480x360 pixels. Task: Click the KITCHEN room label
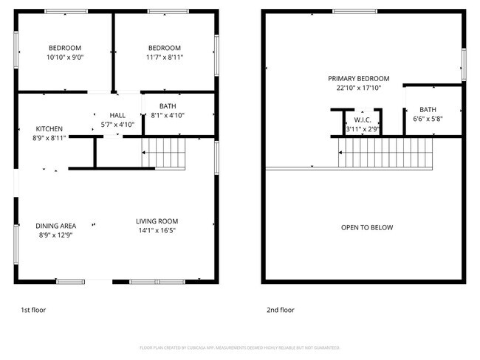(49, 128)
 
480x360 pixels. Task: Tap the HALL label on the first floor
(117, 116)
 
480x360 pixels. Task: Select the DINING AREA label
(55, 226)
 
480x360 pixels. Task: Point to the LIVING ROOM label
(157, 221)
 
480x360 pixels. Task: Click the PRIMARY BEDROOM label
(359, 78)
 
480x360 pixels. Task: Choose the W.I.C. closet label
(362, 120)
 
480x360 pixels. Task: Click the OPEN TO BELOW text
(367, 227)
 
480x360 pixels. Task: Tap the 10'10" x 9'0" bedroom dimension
(65, 57)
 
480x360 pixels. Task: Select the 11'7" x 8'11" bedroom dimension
(165, 57)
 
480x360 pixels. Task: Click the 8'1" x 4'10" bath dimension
(167, 115)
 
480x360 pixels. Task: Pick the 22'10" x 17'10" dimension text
(359, 88)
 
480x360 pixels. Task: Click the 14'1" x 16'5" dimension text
(157, 230)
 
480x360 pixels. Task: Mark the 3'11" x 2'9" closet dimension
(362, 129)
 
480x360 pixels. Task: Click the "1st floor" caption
(32, 310)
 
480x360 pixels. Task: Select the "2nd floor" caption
(281, 310)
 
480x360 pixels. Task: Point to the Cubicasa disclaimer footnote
(239, 347)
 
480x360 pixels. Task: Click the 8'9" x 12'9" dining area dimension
(55, 235)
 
